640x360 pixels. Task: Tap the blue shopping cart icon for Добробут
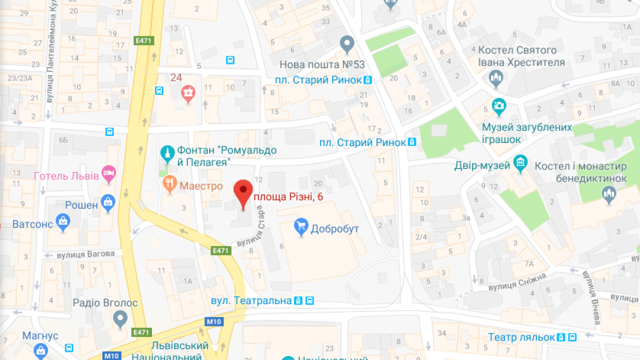301,227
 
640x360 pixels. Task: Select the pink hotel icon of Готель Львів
108,174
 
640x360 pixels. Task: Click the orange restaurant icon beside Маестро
170,185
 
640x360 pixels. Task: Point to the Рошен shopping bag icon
107,202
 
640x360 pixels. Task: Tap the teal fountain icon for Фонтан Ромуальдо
167,153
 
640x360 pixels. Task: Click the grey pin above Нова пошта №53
346,44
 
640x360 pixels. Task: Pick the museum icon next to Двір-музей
521,163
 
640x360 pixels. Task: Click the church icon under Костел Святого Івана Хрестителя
495,78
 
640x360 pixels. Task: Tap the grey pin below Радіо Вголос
120,318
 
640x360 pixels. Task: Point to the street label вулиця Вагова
85,254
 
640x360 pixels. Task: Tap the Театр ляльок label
521,337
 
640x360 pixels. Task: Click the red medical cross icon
188,92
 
